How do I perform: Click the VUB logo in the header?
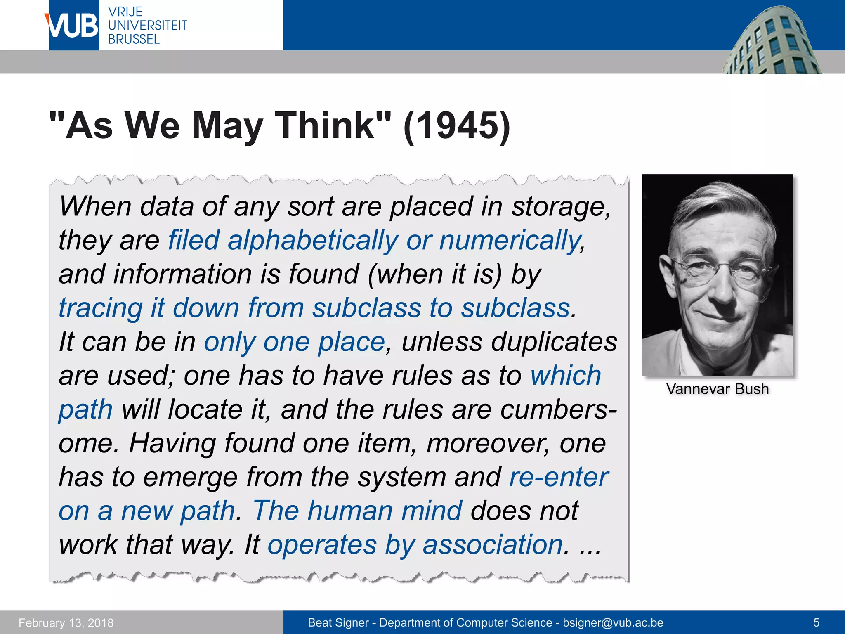click(x=73, y=26)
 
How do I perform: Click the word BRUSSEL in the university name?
click(x=134, y=39)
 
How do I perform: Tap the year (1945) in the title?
click(x=457, y=125)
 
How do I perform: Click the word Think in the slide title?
click(x=325, y=125)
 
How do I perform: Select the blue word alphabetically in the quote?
click(x=313, y=241)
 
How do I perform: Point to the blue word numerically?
click(x=510, y=241)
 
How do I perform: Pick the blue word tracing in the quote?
click(x=101, y=308)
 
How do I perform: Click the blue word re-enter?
click(x=559, y=478)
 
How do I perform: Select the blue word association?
click(x=493, y=545)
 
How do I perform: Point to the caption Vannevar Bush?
click(x=717, y=389)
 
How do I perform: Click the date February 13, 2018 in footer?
click(x=66, y=623)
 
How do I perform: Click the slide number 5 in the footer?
click(x=816, y=623)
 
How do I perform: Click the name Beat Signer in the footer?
click(x=338, y=623)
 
